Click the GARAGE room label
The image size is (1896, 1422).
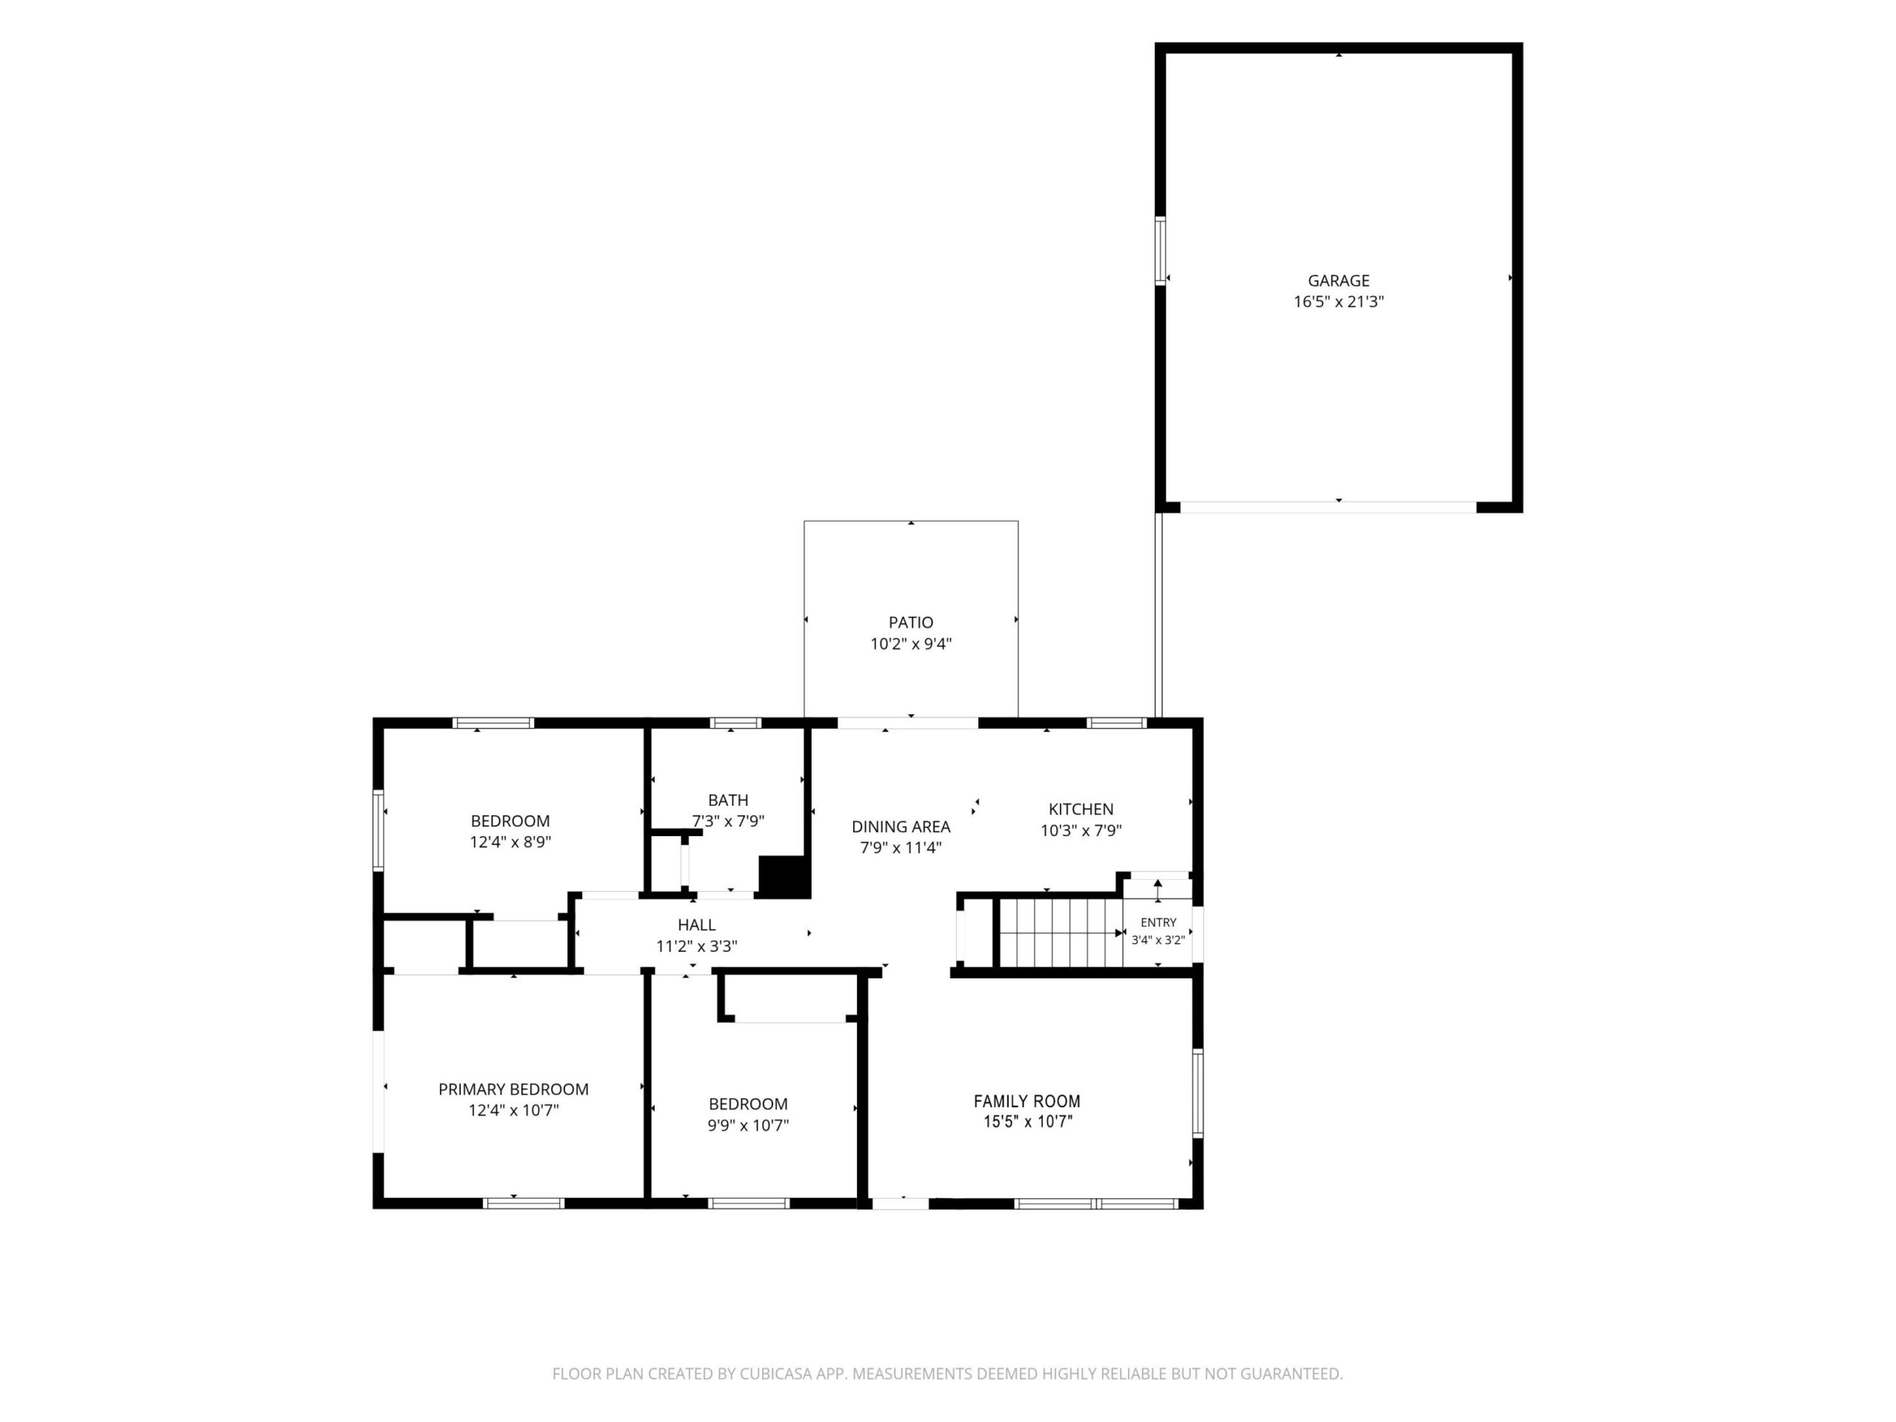pyautogui.click(x=1338, y=280)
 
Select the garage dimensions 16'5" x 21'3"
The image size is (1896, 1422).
pyautogui.click(x=1338, y=301)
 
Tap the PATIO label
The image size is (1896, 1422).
pyautogui.click(x=910, y=622)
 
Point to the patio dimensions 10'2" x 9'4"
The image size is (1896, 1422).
pyautogui.click(x=910, y=644)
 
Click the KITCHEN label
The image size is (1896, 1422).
pyautogui.click(x=1081, y=810)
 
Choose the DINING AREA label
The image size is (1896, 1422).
pyautogui.click(x=901, y=827)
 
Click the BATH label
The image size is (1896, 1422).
pyautogui.click(x=728, y=800)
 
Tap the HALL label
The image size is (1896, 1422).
pyautogui.click(x=696, y=925)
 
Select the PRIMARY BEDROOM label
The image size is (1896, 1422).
pyautogui.click(x=513, y=1089)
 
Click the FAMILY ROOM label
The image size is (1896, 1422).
pyautogui.click(x=1026, y=1101)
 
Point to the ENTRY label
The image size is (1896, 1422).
pyautogui.click(x=1158, y=922)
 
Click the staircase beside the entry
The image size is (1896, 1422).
pyautogui.click(x=1061, y=932)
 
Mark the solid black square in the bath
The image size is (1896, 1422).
pyautogui.click(x=784, y=877)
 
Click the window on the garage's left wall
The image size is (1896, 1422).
pyautogui.click(x=1161, y=250)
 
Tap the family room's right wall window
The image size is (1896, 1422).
pyautogui.click(x=1198, y=1093)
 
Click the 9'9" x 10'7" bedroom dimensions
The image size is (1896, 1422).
pyautogui.click(x=747, y=1126)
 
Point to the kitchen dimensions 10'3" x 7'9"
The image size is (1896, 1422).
pyautogui.click(x=1081, y=830)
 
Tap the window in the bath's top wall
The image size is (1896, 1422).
pyautogui.click(x=735, y=723)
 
